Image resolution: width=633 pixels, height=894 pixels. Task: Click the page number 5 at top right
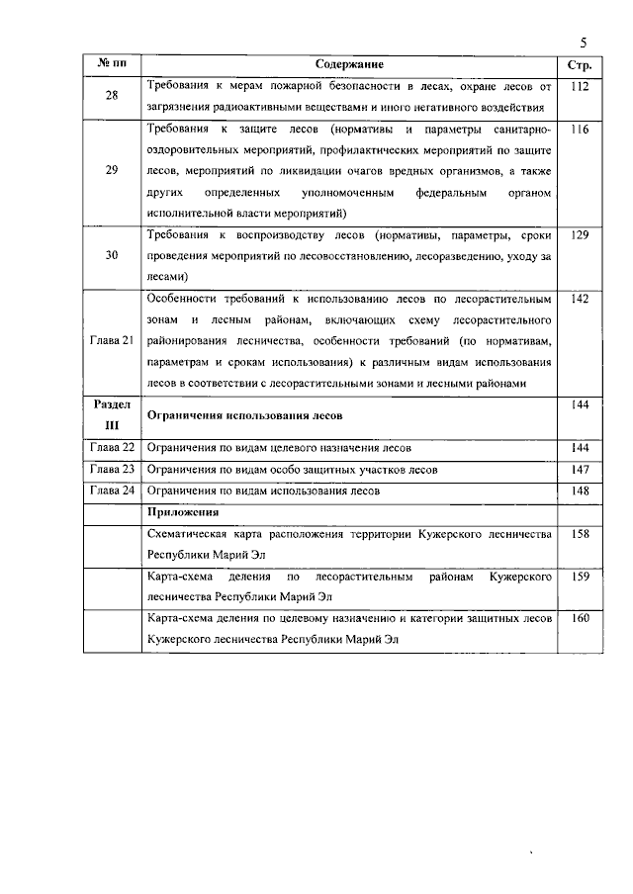click(584, 43)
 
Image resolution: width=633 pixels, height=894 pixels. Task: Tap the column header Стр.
click(580, 65)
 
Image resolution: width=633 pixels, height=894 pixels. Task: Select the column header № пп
click(112, 64)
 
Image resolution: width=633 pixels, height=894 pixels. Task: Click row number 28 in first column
click(112, 97)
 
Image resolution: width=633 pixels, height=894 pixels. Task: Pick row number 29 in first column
click(112, 170)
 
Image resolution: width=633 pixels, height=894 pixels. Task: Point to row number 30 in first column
click(112, 255)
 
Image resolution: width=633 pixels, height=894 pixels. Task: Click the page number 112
click(580, 86)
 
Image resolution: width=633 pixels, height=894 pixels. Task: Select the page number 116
click(580, 129)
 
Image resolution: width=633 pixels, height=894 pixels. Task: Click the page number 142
click(580, 298)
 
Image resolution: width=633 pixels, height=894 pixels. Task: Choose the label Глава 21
click(112, 340)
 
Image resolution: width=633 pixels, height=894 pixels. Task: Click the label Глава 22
click(112, 448)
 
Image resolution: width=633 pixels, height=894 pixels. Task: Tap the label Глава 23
click(112, 469)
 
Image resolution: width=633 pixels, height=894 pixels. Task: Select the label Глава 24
click(112, 491)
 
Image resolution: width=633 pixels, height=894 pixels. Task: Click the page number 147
click(580, 469)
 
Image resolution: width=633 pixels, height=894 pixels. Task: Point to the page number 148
click(580, 491)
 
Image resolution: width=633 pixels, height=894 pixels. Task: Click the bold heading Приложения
click(183, 512)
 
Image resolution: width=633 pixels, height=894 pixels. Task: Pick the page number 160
click(580, 618)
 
